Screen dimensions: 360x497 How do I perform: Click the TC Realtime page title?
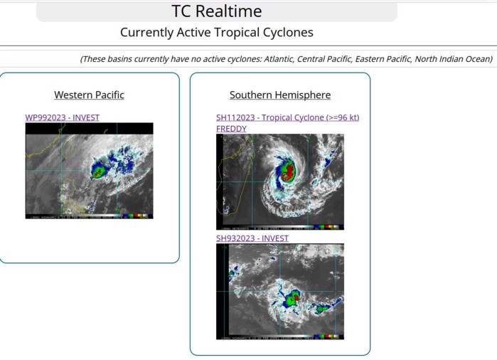point(216,11)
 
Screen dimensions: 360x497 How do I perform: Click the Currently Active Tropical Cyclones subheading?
point(216,33)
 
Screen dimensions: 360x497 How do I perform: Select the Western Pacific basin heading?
point(89,95)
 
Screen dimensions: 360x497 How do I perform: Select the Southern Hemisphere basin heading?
point(279,95)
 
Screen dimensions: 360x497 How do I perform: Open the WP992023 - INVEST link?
point(62,117)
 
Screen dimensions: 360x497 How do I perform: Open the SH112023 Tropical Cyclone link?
point(287,117)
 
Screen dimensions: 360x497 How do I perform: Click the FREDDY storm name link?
point(231,129)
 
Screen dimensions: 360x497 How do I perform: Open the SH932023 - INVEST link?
point(252,238)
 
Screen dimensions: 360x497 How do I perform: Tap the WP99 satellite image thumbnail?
point(89,171)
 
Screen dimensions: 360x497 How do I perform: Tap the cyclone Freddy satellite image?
point(279,181)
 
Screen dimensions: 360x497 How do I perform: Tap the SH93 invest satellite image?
point(279,292)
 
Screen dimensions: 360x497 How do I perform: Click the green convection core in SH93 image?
point(292,300)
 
